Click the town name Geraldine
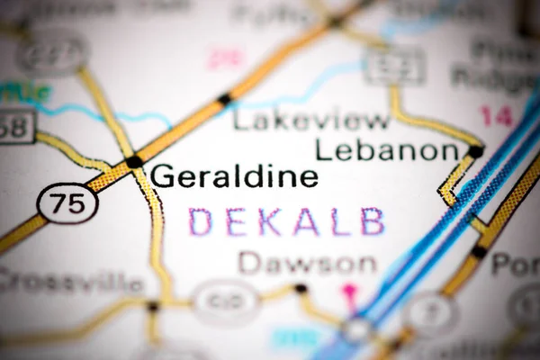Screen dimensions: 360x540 [234, 176]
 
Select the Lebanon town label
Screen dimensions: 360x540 [387, 149]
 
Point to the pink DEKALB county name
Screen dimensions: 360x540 [287, 221]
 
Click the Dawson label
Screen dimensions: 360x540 [307, 264]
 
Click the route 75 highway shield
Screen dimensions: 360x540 [67, 203]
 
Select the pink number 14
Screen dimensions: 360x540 [496, 115]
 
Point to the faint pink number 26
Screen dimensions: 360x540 [226, 58]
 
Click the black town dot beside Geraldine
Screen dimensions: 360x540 [134, 162]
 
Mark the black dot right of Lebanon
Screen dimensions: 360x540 [474, 151]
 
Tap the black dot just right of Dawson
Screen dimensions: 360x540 [301, 289]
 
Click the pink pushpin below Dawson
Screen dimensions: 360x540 [350, 292]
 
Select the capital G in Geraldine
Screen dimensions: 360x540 [163, 176]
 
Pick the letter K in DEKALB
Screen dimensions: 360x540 [267, 221]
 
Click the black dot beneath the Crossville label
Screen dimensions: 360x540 [153, 307]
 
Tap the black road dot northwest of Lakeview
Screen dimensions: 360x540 [223, 98]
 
